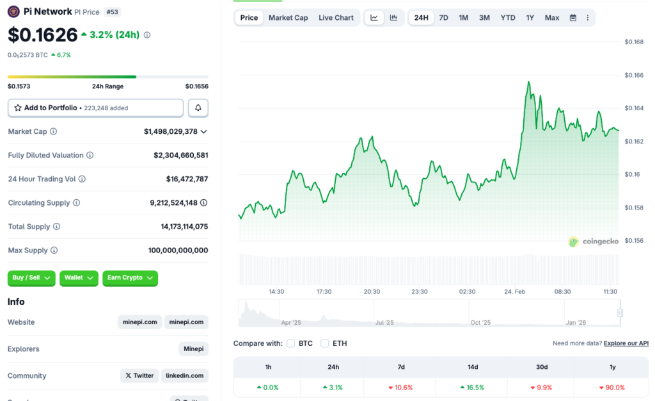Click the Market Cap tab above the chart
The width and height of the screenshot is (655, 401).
pyautogui.click(x=288, y=17)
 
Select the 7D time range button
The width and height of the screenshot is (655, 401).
pyautogui.click(x=443, y=17)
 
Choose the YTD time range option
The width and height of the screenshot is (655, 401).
pyautogui.click(x=508, y=17)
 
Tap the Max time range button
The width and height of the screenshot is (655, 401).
pyautogui.click(x=552, y=17)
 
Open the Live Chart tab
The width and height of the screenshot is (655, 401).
pyautogui.click(x=336, y=17)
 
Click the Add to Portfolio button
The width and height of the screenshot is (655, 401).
pyautogui.click(x=95, y=108)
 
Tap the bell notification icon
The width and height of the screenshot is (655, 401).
pyautogui.click(x=198, y=108)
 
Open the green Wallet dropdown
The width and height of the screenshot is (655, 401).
pyautogui.click(x=79, y=278)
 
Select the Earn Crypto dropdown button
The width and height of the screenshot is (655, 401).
pyautogui.click(x=130, y=278)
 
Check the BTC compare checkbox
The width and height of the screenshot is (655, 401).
pyautogui.click(x=291, y=343)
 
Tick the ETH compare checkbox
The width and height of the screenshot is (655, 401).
pyautogui.click(x=325, y=343)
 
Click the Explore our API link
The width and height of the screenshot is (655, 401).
pyautogui.click(x=626, y=343)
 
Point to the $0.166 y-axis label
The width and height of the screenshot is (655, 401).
pyautogui.click(x=634, y=75)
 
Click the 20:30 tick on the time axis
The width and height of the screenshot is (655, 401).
pyautogui.click(x=372, y=291)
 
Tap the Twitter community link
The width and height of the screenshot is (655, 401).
pyautogui.click(x=139, y=375)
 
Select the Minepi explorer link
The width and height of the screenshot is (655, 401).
pyautogui.click(x=193, y=349)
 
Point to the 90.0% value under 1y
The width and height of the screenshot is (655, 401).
pyautogui.click(x=612, y=388)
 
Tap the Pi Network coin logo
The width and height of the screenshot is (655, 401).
pyautogui.click(x=13, y=12)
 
